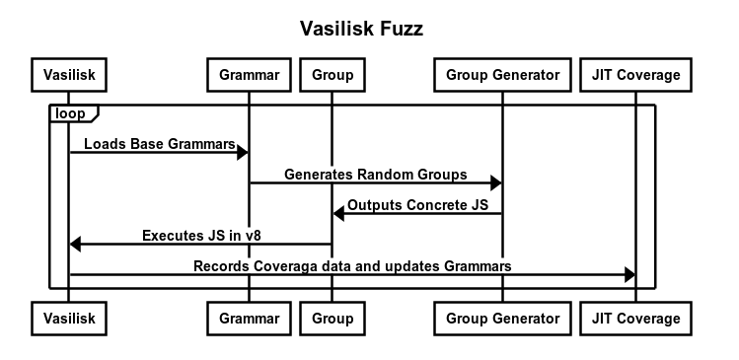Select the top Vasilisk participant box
click(x=69, y=74)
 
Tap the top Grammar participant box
click(x=249, y=74)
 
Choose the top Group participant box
click(x=332, y=74)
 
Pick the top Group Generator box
click(x=502, y=74)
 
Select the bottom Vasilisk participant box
click(x=69, y=319)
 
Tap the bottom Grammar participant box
click(x=249, y=319)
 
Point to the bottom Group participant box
click(x=332, y=319)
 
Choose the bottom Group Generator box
click(x=502, y=319)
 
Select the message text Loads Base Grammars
click(x=158, y=144)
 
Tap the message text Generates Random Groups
click(x=375, y=175)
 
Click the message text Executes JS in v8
click(x=200, y=236)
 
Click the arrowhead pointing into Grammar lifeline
click(x=242, y=152)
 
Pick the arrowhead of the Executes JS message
click(x=76, y=244)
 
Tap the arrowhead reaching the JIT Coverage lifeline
click(x=628, y=274)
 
